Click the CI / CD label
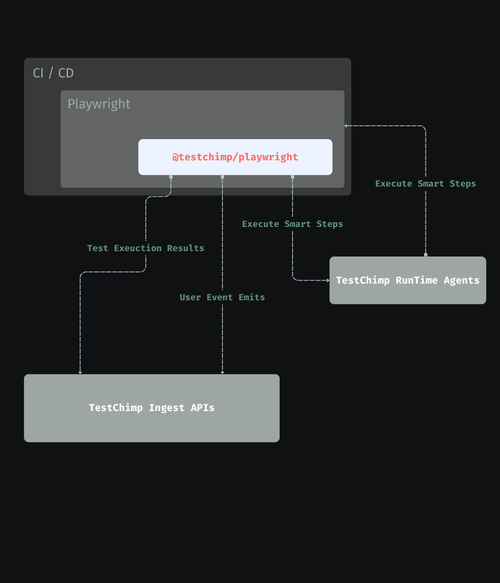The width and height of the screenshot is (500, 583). [x=53, y=73]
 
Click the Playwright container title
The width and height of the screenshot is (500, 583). [x=99, y=104]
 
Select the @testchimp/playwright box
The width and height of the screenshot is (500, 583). [x=235, y=157]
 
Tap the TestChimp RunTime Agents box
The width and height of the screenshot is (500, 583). [x=407, y=280]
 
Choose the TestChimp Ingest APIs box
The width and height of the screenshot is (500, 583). [x=152, y=408]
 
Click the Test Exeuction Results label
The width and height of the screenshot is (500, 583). [x=145, y=248]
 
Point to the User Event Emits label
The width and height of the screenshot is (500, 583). [x=222, y=297]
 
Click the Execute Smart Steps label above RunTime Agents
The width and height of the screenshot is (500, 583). [x=425, y=184]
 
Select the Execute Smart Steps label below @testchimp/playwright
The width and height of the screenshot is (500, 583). [x=292, y=224]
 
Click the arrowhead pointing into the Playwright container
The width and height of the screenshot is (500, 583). [x=346, y=126]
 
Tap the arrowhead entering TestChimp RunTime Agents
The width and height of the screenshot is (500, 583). [x=328, y=280]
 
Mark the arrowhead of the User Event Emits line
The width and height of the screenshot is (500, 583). [x=222, y=372]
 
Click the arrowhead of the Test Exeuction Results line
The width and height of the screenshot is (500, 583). [x=80, y=372]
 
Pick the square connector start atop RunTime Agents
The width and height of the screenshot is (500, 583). [x=425, y=254]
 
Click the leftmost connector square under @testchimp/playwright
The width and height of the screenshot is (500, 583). [x=171, y=177]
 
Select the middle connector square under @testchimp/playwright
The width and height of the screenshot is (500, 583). [x=222, y=177]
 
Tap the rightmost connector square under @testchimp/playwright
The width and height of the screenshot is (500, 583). [x=292, y=177]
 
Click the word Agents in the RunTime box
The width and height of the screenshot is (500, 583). [x=461, y=280]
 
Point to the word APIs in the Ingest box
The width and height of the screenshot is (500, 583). [x=202, y=408]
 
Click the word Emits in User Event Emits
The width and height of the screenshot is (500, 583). [x=252, y=297]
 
